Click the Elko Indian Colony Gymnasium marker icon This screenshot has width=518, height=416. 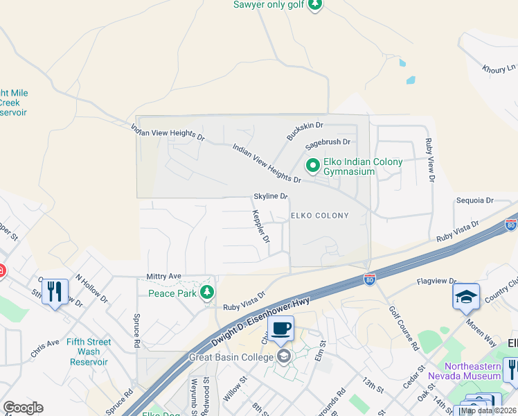[x=312, y=165]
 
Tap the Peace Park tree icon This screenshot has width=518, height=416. [x=206, y=293]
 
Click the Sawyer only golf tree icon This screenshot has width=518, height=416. [x=315, y=6]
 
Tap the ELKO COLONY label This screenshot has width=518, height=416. [x=319, y=216]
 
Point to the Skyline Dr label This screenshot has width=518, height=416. [x=270, y=196]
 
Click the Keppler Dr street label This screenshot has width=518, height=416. [x=260, y=226]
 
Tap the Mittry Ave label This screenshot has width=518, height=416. [x=163, y=276]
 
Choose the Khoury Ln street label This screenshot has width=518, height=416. [x=500, y=68]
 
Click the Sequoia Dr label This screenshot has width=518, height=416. [x=474, y=200]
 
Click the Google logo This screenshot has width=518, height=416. [x=23, y=408]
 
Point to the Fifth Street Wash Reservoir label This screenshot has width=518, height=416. [x=88, y=352]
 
